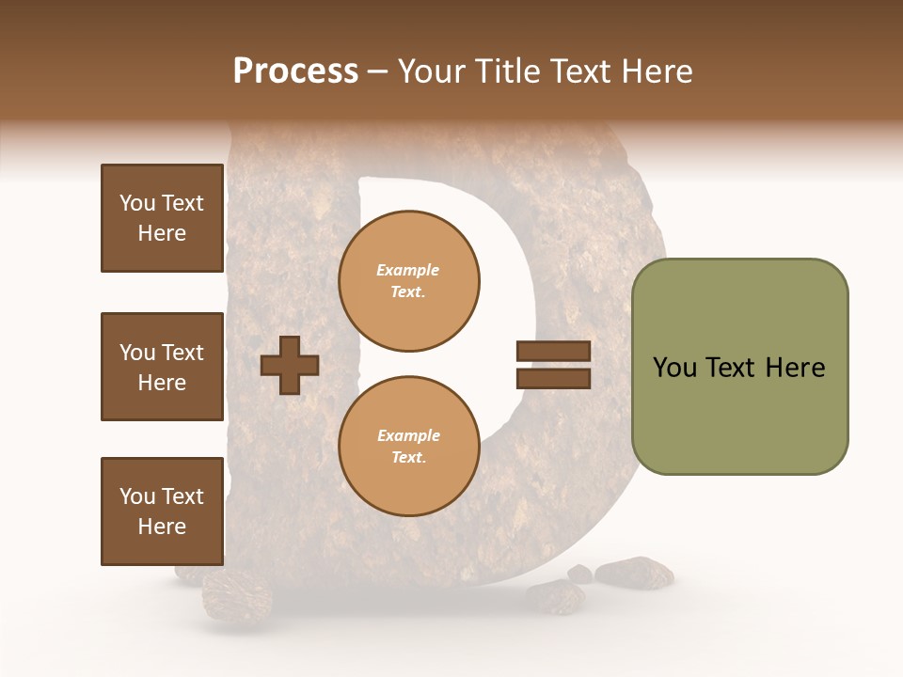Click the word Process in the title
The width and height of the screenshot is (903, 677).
(x=295, y=71)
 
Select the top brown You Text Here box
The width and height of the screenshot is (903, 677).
(x=162, y=218)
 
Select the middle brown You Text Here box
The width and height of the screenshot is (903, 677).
(x=162, y=367)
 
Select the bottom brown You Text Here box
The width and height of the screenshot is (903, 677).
(x=162, y=512)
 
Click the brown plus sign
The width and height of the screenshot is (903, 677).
(x=290, y=365)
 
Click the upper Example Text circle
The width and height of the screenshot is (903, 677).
(x=409, y=281)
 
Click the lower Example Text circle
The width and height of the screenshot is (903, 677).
(x=409, y=447)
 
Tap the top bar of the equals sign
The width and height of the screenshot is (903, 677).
(x=553, y=352)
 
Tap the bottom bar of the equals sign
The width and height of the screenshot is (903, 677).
(x=553, y=379)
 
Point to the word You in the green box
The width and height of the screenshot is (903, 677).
(x=674, y=368)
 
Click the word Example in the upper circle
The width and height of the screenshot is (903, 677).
(x=407, y=271)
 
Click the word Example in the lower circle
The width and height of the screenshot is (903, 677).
(x=407, y=435)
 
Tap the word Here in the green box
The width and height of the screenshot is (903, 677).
(x=796, y=368)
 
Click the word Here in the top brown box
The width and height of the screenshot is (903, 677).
(x=162, y=233)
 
